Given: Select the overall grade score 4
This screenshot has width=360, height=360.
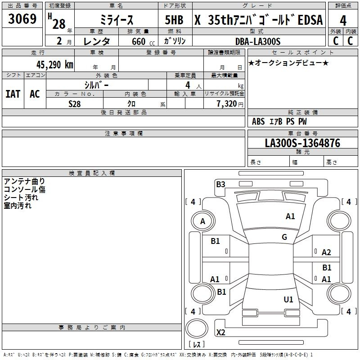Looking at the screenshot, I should click(343, 21).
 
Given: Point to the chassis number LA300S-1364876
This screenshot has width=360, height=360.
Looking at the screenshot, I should click(302, 143).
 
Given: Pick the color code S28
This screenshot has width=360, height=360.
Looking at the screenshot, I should click(75, 103).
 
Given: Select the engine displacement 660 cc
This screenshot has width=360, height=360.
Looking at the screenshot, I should click(139, 41).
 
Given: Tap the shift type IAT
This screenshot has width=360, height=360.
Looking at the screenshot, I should click(13, 94).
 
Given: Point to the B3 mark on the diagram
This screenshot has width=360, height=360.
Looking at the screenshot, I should click(220, 184).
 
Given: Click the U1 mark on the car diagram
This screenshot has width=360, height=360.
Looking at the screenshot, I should click(288, 299).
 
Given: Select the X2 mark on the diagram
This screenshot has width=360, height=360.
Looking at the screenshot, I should click(220, 333).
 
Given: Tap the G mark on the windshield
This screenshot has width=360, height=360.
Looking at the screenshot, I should click(284, 237).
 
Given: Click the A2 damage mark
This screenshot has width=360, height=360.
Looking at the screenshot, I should click(327, 252).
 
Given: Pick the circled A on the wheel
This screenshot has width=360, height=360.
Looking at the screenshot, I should click(202, 221).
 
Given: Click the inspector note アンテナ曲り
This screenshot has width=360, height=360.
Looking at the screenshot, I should click(24, 181).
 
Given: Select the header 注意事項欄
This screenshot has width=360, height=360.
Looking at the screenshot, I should click(124, 134).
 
